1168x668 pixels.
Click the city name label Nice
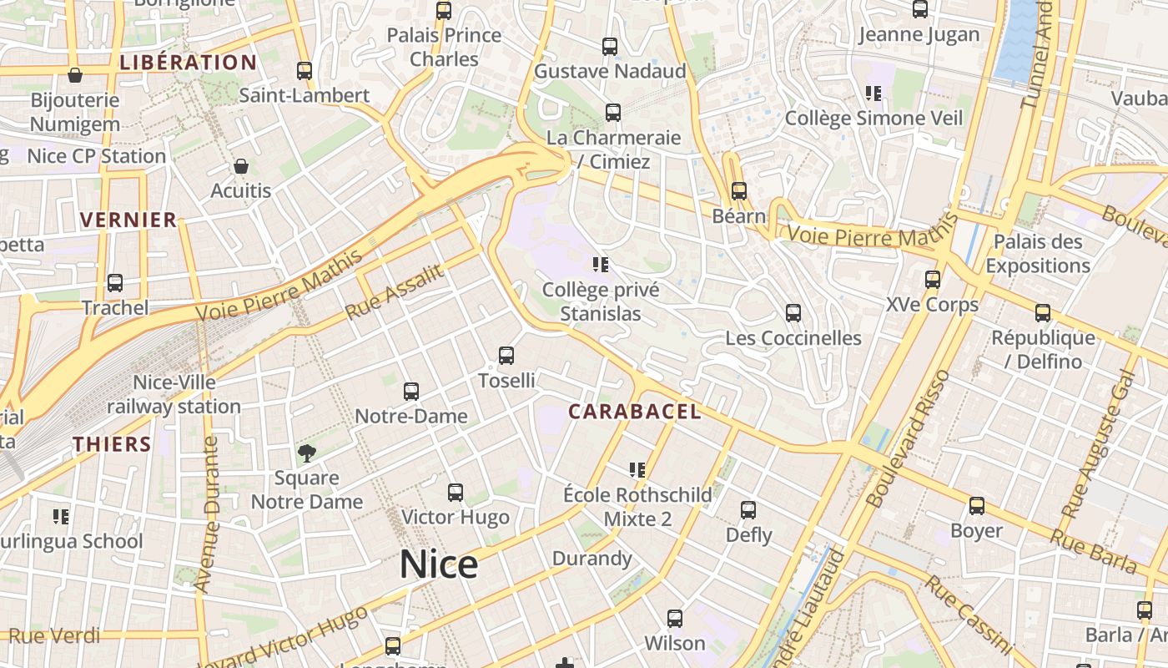(x=439, y=564)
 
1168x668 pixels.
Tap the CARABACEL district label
(x=634, y=412)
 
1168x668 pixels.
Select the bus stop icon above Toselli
(x=506, y=356)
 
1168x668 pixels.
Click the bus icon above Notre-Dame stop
(x=411, y=391)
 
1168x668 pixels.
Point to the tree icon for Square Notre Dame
(x=307, y=453)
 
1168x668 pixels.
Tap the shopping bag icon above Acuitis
(x=241, y=166)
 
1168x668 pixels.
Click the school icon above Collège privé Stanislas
(x=600, y=266)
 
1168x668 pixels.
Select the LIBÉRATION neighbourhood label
(x=189, y=63)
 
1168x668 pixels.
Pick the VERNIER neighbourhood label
(x=128, y=220)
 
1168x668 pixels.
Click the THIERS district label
(x=112, y=444)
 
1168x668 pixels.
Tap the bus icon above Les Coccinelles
(x=793, y=313)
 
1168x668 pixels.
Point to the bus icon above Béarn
(x=738, y=191)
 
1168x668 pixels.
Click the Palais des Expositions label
(x=1038, y=254)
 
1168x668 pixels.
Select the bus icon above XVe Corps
(x=933, y=280)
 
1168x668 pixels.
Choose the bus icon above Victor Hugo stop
(x=456, y=493)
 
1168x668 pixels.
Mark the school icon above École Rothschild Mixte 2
(x=637, y=470)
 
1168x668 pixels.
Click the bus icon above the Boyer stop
(x=977, y=506)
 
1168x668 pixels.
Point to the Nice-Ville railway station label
(x=174, y=394)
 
